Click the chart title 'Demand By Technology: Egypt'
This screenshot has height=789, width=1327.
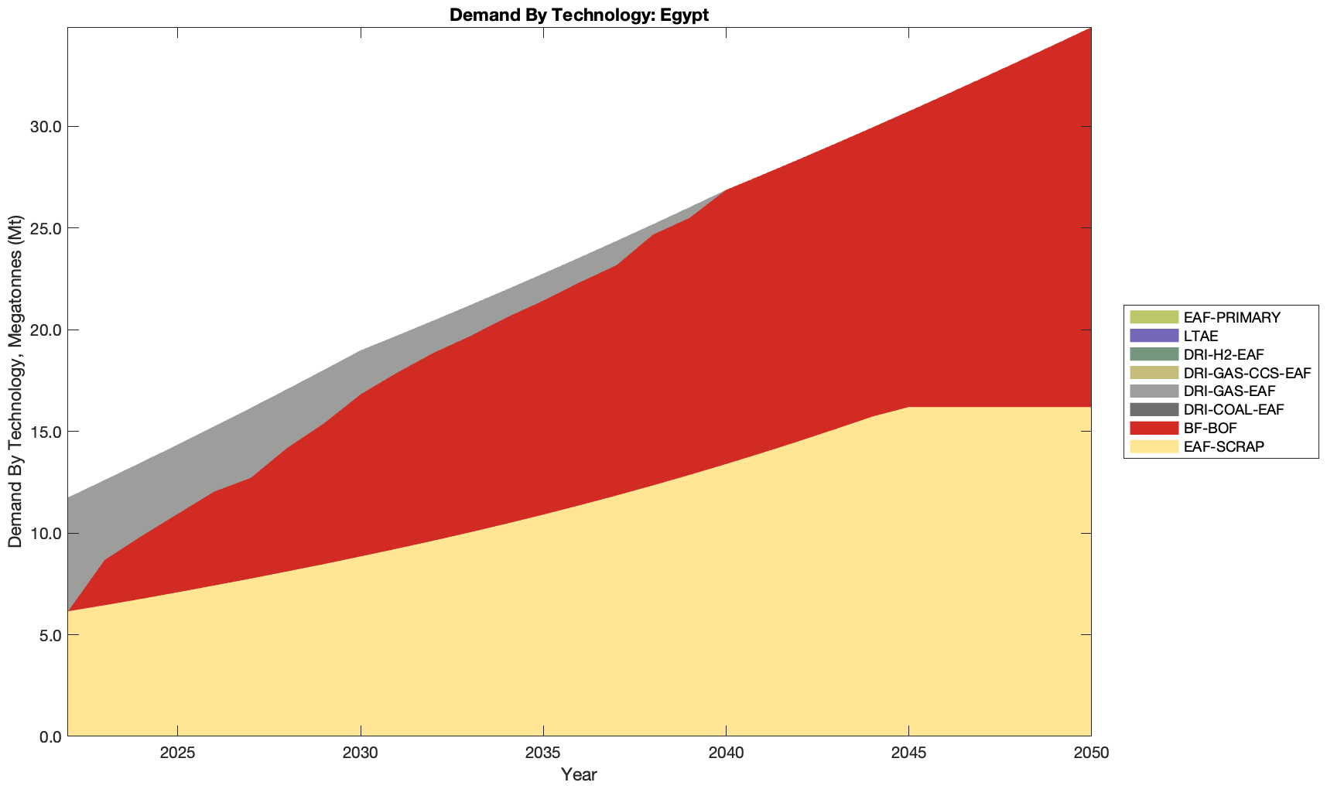579,15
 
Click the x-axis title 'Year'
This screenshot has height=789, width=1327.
579,774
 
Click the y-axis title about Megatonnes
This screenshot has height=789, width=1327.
15,382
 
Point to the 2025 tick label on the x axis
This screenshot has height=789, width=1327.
177,754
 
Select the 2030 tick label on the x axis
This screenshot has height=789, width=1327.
361,754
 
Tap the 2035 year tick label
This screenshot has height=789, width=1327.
543,754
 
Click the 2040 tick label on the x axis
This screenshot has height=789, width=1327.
726,754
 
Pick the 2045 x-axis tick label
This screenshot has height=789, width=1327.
908,754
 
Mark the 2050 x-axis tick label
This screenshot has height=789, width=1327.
1091,754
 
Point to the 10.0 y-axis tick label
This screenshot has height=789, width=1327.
45,533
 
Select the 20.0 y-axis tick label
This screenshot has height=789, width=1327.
45,330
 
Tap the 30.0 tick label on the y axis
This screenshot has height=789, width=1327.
45,127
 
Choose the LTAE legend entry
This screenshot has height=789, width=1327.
1201,336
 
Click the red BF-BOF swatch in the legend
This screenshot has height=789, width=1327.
1154,428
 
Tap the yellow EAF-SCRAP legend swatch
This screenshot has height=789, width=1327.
1154,446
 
